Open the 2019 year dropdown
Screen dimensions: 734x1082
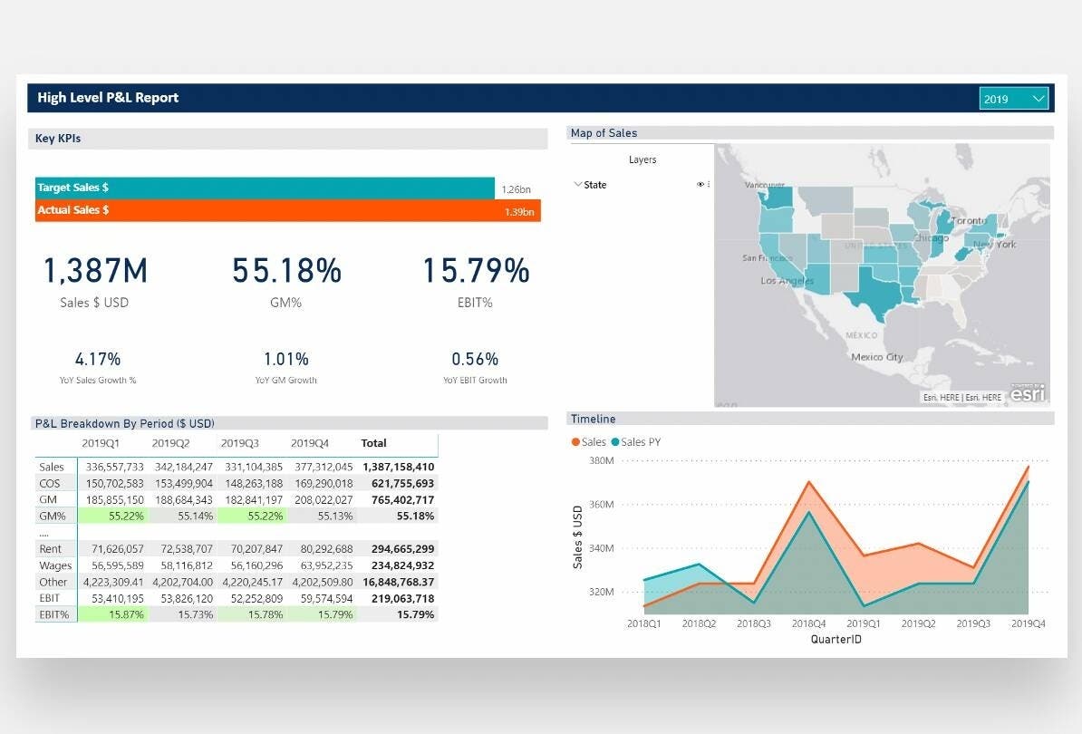pyautogui.click(x=1013, y=98)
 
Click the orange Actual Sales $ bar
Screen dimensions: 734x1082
pyautogui.click(x=272, y=210)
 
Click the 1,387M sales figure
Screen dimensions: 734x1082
pyautogui.click(x=95, y=271)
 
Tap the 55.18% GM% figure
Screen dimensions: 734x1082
pyautogui.click(x=286, y=271)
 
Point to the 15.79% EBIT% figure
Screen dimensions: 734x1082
pyautogui.click(x=476, y=271)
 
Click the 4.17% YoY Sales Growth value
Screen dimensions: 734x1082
pyautogui.click(x=98, y=359)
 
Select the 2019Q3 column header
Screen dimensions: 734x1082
pyautogui.click(x=240, y=443)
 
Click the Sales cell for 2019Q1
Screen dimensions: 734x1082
pyautogui.click(x=115, y=467)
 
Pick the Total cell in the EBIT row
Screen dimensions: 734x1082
pyautogui.click(x=399, y=598)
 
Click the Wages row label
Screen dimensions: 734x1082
pyautogui.click(x=52, y=565)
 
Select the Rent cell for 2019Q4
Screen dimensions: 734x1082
pyautogui.click(x=324, y=549)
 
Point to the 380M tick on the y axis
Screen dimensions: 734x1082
pyautogui.click(x=603, y=461)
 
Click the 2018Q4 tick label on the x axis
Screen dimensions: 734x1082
pyautogui.click(x=809, y=623)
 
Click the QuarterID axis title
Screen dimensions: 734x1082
pyautogui.click(x=836, y=639)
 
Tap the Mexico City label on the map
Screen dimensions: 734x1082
pyautogui.click(x=876, y=357)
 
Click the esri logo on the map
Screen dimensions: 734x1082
pyautogui.click(x=1028, y=393)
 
